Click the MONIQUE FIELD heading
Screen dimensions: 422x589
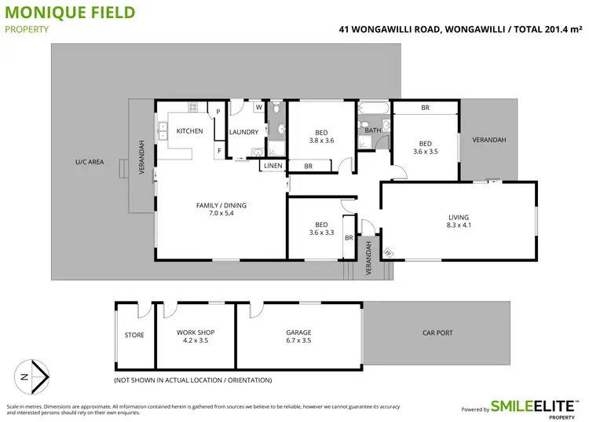click(70, 13)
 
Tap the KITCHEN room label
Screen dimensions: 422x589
click(189, 131)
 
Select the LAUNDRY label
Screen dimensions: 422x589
click(243, 132)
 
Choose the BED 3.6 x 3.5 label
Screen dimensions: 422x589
click(425, 147)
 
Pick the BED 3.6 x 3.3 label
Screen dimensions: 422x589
click(320, 228)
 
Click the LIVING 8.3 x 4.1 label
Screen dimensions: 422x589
click(459, 221)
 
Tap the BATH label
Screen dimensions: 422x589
click(373, 130)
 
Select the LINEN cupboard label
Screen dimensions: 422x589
click(273, 166)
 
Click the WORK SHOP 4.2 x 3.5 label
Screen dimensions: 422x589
click(196, 336)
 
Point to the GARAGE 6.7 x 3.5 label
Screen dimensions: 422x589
click(298, 336)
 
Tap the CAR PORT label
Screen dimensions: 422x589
click(437, 333)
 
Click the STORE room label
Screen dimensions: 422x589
click(134, 336)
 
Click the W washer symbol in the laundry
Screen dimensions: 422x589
click(258, 108)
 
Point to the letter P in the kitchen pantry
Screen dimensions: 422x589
click(218, 112)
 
